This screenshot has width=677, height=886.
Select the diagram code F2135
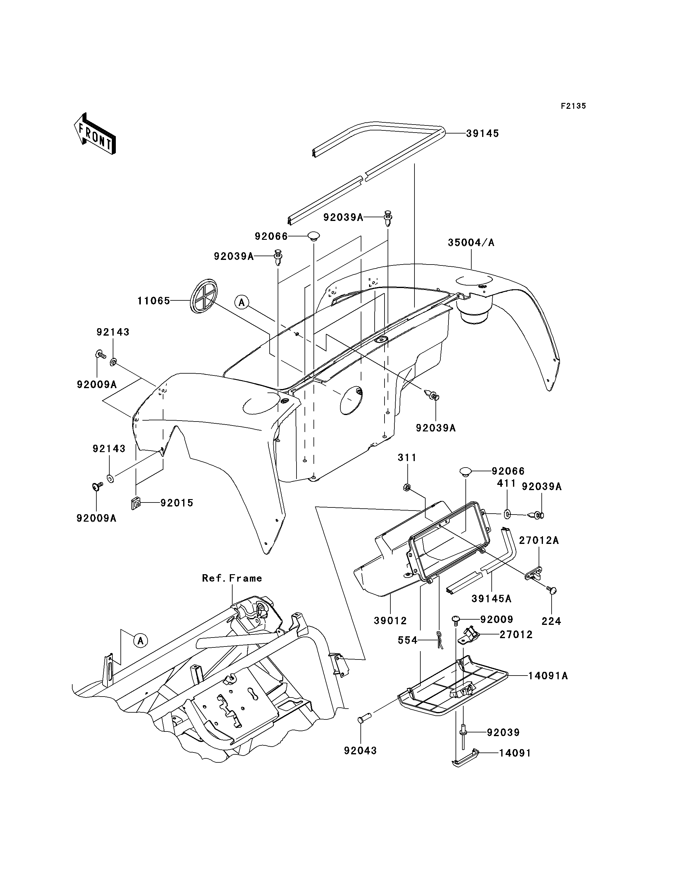pos(574,106)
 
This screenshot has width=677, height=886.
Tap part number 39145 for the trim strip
pos(482,134)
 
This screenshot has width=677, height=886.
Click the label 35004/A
pos(471,243)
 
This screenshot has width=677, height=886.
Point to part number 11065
pos(153,301)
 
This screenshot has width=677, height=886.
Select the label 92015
pos(177,503)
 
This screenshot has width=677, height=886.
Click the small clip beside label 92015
pos(136,503)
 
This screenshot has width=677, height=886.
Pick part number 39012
pos(390,621)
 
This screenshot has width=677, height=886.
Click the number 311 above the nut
pos(407,458)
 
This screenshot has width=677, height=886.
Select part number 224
pos(551,621)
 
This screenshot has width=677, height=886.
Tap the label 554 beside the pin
pos(407,640)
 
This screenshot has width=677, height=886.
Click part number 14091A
pos(548,676)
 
